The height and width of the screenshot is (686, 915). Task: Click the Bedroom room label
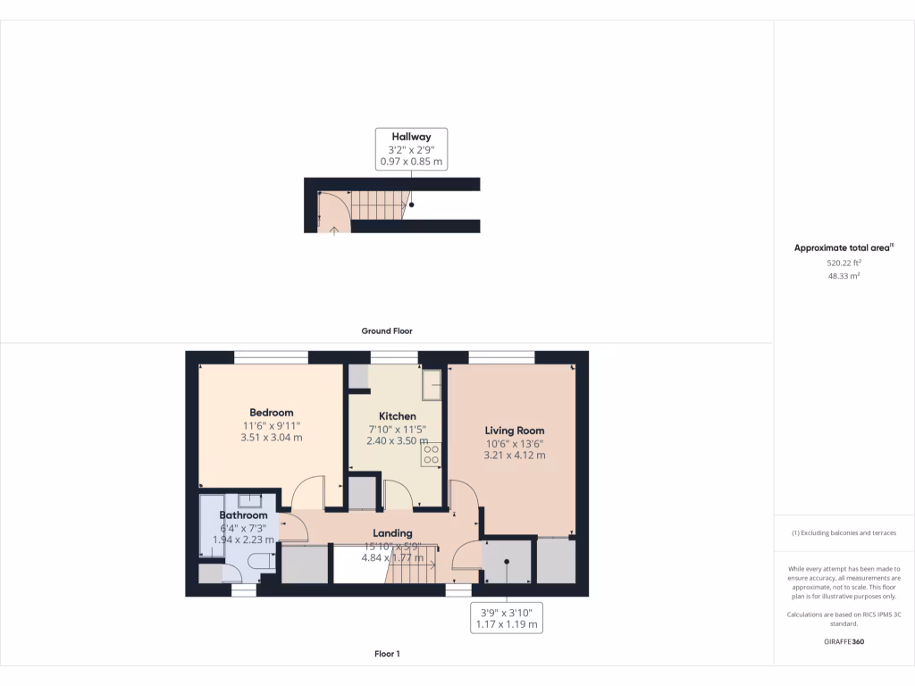coord(272,413)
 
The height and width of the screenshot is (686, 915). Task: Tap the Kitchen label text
coord(397,416)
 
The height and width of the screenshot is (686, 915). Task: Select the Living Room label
coord(514,430)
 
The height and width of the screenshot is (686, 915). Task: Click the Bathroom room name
coord(244,515)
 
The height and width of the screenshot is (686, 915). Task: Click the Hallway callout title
coord(411,137)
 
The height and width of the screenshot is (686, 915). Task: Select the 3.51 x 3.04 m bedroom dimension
coord(272,438)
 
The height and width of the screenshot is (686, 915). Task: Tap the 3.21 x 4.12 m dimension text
coord(514,456)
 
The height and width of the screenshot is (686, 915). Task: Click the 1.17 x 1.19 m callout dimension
coord(506,624)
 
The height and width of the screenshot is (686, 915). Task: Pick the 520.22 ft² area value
coord(844,264)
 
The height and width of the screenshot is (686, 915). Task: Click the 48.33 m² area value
coord(844,277)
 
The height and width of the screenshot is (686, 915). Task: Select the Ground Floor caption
coord(387,330)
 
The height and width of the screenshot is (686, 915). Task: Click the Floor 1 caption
coord(387,654)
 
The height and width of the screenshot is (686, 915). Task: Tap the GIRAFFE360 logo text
coord(844,642)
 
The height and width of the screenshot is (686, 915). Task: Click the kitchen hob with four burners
coord(430,455)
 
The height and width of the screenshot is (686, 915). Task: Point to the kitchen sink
coord(432,386)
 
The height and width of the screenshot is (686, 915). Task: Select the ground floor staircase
coord(378,205)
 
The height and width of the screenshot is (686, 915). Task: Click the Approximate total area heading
coord(844,248)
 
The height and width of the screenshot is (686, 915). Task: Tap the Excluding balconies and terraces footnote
coord(844,533)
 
